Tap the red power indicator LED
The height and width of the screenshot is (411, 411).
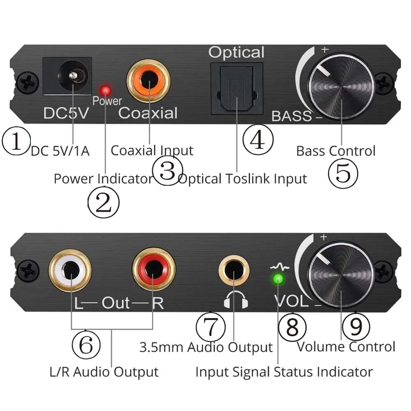(x=106, y=90)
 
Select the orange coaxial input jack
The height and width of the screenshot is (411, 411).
(x=149, y=79)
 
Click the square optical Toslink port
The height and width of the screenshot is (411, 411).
(x=236, y=88)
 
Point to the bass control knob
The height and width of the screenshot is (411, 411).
(x=341, y=88)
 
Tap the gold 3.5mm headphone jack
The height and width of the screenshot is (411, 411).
(x=234, y=272)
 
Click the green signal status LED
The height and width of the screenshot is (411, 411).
(x=278, y=279)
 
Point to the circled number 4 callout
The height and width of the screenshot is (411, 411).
(x=258, y=140)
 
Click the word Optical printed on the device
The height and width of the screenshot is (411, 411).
(x=236, y=53)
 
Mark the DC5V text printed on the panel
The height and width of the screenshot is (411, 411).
(x=66, y=113)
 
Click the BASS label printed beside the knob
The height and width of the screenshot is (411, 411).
(x=291, y=116)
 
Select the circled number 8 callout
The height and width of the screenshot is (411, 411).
(x=292, y=328)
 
